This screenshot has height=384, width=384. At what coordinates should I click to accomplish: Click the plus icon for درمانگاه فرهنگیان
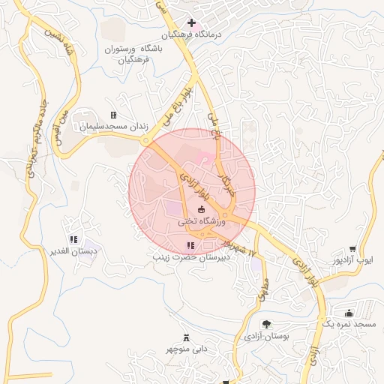192,22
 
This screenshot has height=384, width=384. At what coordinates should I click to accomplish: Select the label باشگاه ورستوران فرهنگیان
132,55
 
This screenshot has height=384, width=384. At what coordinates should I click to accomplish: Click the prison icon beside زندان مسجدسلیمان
113,115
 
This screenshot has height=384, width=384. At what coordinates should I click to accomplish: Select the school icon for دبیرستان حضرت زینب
190,245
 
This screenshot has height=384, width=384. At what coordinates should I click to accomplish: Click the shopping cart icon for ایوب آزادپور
352,248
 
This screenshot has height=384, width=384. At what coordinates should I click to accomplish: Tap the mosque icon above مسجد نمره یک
348,312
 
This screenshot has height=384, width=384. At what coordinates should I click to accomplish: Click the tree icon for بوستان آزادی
266,324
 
